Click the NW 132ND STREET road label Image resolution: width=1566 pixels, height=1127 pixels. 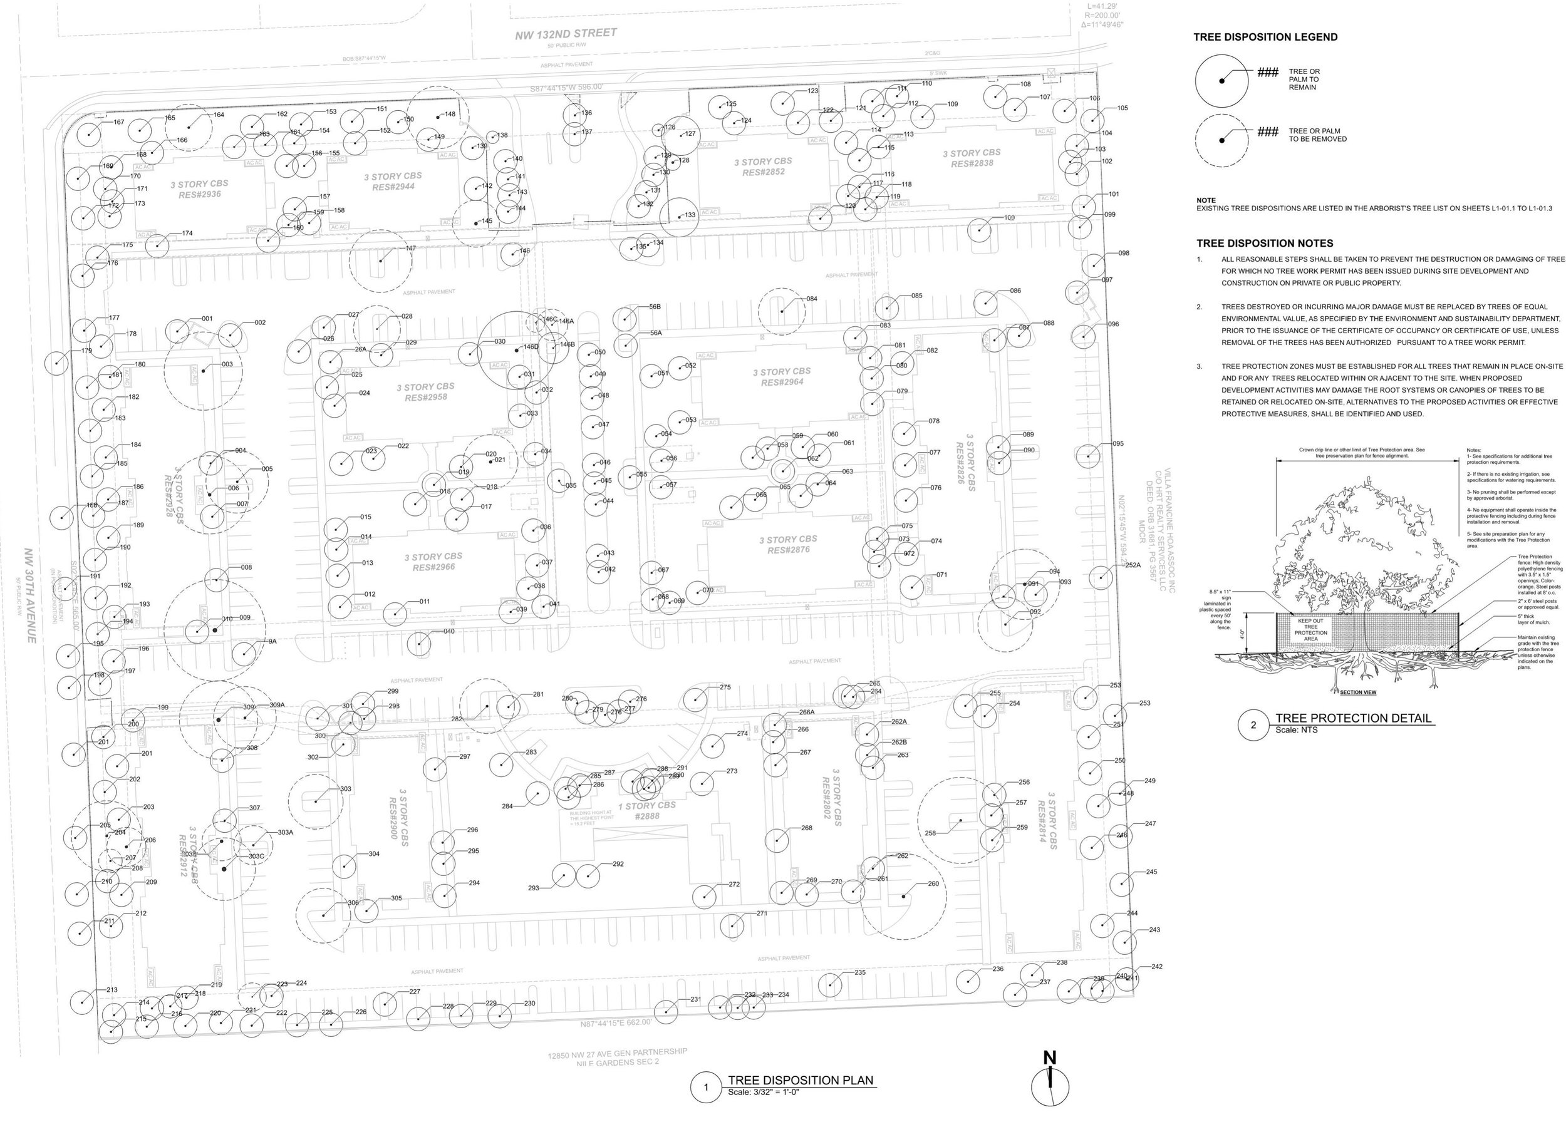click(x=566, y=34)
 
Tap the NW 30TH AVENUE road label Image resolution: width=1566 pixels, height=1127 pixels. click(x=31, y=595)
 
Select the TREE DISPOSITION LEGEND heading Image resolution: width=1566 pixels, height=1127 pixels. click(x=1265, y=38)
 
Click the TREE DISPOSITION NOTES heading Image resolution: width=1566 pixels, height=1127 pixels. click(x=1264, y=243)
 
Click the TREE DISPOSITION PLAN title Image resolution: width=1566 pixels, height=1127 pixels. click(x=801, y=1081)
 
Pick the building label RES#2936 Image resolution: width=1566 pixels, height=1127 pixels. click(x=200, y=195)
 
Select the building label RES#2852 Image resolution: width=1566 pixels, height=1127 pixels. click(x=763, y=172)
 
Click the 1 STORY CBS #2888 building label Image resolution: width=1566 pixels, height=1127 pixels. click(x=647, y=811)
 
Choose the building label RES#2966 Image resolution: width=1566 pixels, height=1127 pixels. click(x=433, y=567)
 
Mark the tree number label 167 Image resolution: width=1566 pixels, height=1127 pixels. click(x=119, y=122)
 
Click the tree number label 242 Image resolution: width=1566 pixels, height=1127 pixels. click(x=1156, y=966)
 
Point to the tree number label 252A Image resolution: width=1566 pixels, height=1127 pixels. click(x=1133, y=565)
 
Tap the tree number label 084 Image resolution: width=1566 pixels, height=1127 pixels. click(x=811, y=299)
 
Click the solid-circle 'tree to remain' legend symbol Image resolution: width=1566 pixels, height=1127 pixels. click(x=1221, y=81)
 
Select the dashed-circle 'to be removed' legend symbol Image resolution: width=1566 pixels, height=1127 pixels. click(x=1221, y=140)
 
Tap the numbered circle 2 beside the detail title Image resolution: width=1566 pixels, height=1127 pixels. click(x=1253, y=724)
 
